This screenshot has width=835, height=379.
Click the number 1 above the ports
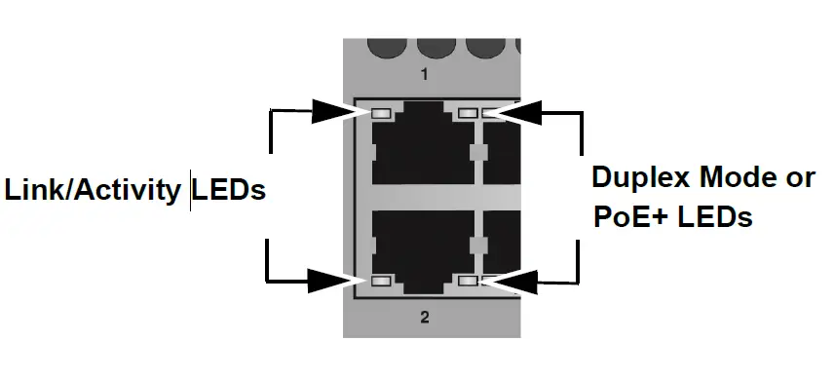coord(424,74)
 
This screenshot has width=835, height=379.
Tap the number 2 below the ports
coord(424,316)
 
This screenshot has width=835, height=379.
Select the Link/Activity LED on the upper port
coord(381,113)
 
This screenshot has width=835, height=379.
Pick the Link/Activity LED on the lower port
coord(381,281)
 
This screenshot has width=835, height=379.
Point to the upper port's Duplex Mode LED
coord(468,113)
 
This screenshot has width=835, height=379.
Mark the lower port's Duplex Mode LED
coord(468,281)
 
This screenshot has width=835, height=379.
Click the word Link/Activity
coord(95,190)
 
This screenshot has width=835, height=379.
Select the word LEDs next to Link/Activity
coord(229,189)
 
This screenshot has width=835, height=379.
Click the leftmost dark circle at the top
coord(383,45)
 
